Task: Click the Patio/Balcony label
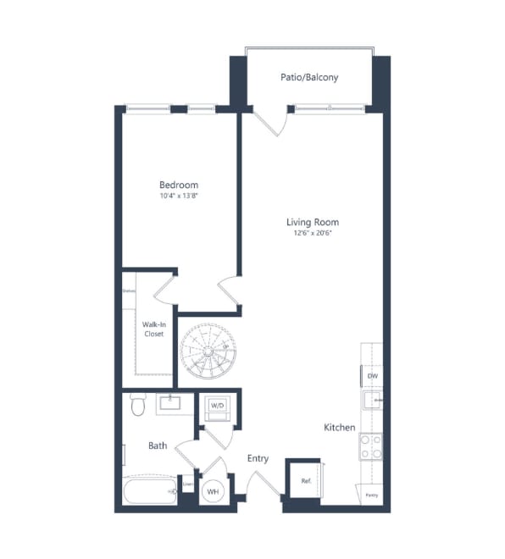(x=309, y=77)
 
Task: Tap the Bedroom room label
(x=179, y=185)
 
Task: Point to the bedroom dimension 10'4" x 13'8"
(x=179, y=196)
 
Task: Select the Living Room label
(x=309, y=222)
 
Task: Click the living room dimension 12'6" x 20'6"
(x=309, y=233)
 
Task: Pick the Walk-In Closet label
(x=153, y=329)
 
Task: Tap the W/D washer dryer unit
(x=217, y=406)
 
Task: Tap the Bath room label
(x=158, y=446)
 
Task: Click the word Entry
(x=258, y=458)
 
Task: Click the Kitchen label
(x=339, y=428)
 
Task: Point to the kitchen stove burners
(x=370, y=446)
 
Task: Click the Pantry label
(x=371, y=494)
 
